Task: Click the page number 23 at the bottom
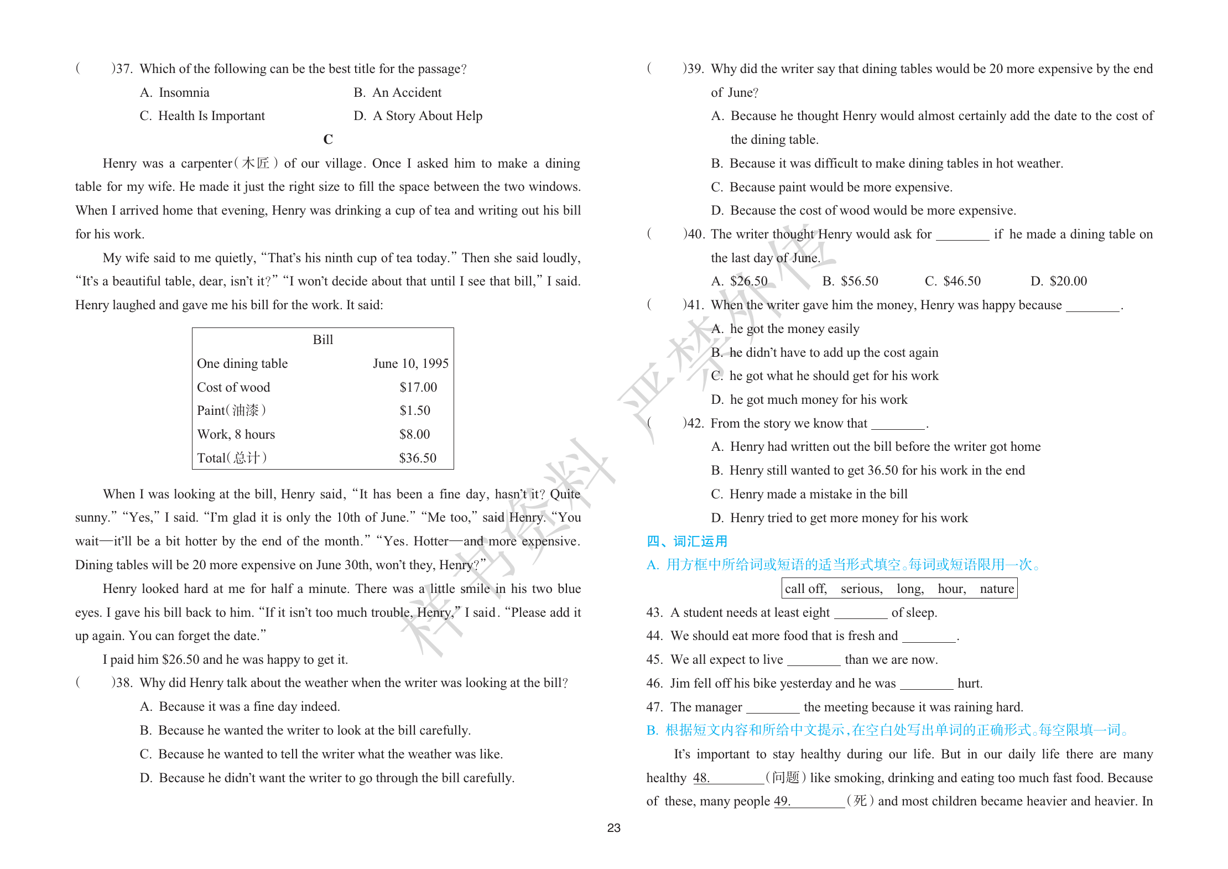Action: pos(613,828)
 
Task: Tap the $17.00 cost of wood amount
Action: pos(418,387)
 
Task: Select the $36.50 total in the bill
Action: pos(418,458)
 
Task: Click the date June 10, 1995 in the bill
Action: pos(410,363)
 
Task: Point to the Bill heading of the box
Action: pos(323,340)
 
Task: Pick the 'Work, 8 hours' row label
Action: pos(236,434)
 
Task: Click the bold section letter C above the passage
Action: pos(328,139)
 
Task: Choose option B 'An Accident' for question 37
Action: pos(398,92)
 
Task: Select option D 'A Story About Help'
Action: pos(418,116)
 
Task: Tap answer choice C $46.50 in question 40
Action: pos(953,281)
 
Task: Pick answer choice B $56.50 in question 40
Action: pos(850,281)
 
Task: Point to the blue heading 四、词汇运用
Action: pos(687,541)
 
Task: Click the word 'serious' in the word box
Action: pos(861,589)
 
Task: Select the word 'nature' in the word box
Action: pos(997,589)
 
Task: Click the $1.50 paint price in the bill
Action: pos(415,410)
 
